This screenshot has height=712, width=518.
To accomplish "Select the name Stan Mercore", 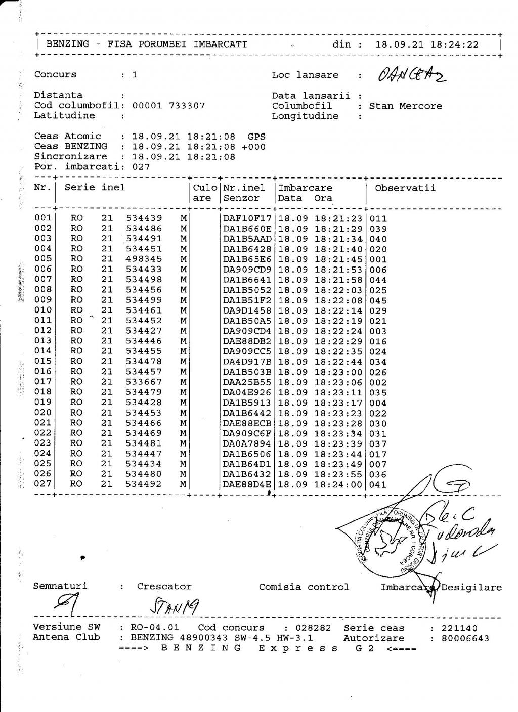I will click(x=405, y=106).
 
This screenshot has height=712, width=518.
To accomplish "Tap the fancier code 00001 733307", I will click(x=168, y=106).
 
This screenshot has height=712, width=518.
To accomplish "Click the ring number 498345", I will click(x=144, y=259).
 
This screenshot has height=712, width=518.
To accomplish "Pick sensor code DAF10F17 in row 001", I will click(x=247, y=218).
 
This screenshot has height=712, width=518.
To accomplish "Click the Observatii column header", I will click(x=405, y=188).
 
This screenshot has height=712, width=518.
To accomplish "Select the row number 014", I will click(x=43, y=351).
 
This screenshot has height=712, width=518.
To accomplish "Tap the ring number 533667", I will click(x=144, y=382).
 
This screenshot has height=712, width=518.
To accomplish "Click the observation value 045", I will click(x=378, y=300).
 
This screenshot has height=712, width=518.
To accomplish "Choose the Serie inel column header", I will click(x=95, y=188).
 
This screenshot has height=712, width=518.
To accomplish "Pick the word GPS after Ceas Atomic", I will click(x=256, y=136).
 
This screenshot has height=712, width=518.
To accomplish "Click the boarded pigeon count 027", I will click(x=141, y=167).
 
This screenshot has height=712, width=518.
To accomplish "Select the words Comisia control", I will click(x=304, y=587).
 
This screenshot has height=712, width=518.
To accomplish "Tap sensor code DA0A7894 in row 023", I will click(x=247, y=443).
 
